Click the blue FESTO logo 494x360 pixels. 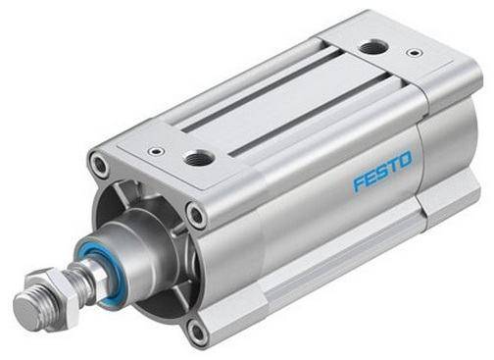(x=382, y=171)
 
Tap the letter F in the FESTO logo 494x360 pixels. (x=359, y=183)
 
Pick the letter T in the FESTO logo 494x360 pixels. (x=393, y=166)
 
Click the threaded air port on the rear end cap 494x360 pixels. (x=373, y=48)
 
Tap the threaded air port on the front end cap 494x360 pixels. (x=199, y=159)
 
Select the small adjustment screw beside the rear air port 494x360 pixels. (x=415, y=52)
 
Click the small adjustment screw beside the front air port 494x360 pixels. (x=156, y=151)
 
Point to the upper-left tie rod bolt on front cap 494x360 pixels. (x=99, y=164)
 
